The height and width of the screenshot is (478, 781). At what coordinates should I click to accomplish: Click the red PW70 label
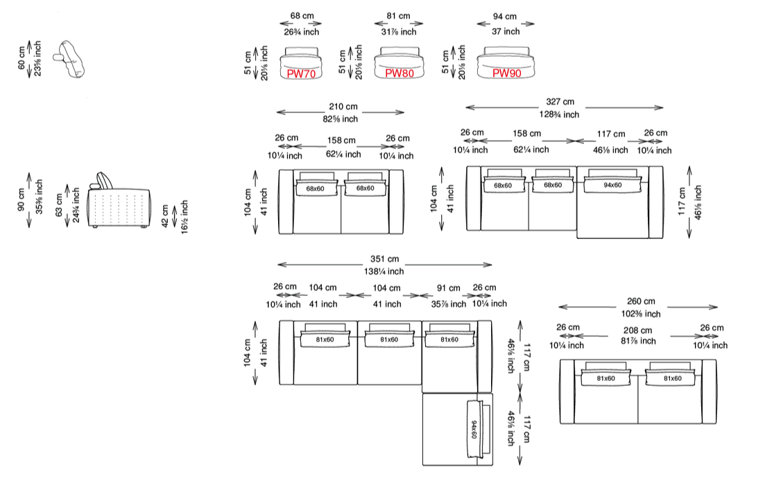(x=301, y=73)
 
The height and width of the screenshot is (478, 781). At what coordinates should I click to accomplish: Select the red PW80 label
(x=400, y=73)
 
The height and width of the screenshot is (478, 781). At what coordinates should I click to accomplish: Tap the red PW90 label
(x=506, y=73)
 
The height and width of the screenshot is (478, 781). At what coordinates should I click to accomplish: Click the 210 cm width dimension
(x=343, y=107)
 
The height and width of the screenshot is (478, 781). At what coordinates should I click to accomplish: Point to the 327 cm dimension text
(x=560, y=101)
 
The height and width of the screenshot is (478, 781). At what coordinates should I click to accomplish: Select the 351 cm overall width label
(x=384, y=258)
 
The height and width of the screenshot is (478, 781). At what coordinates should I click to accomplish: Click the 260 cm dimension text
(x=641, y=301)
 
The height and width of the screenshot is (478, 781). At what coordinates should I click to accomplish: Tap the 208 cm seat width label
(x=637, y=330)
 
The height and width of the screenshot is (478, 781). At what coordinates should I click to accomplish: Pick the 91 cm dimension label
(x=448, y=288)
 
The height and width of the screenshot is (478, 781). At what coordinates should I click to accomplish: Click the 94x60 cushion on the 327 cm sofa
(x=612, y=185)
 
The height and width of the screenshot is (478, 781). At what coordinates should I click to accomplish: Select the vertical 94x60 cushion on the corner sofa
(x=475, y=429)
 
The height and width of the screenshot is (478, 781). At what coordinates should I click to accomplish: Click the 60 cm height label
(x=22, y=58)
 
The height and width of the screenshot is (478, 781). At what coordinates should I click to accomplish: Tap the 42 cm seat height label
(x=166, y=216)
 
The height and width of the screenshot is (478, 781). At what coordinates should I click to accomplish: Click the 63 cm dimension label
(x=59, y=205)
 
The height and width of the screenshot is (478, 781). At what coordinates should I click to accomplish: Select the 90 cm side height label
(x=22, y=200)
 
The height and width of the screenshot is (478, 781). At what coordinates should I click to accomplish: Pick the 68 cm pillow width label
(x=302, y=15)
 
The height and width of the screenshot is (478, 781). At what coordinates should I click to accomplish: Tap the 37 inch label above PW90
(x=506, y=31)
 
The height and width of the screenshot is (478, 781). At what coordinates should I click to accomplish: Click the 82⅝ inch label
(x=341, y=119)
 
